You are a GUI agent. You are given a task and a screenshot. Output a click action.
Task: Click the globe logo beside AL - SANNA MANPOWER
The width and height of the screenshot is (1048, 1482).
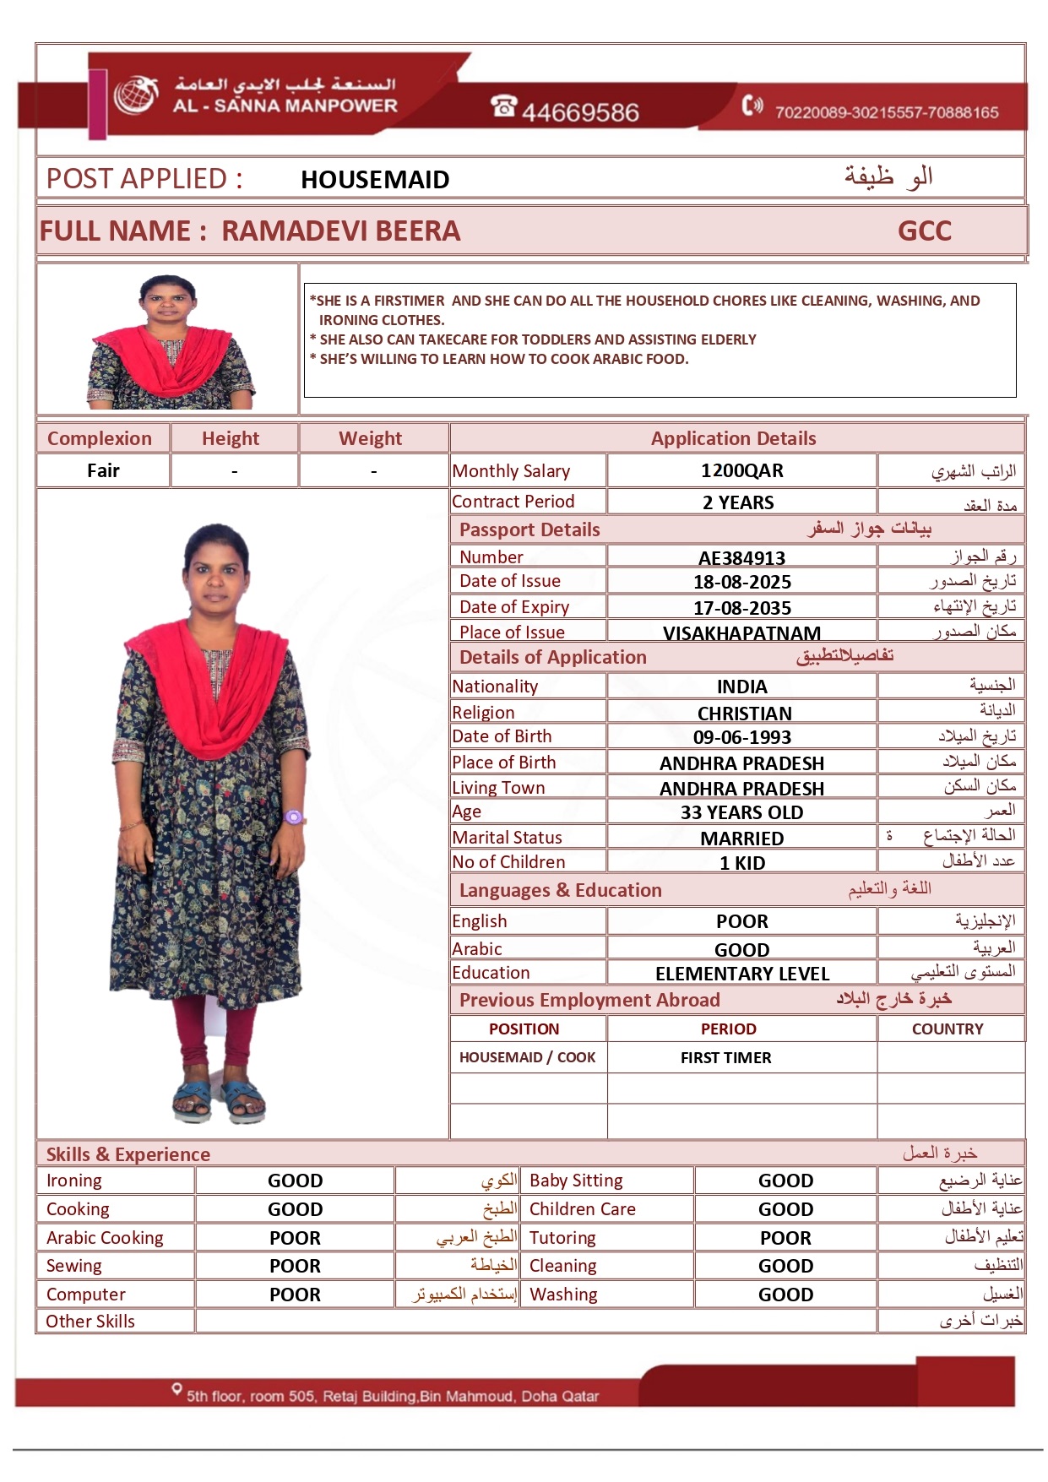[137, 95]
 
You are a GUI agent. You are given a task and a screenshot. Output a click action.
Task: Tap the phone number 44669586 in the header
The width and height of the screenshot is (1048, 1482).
[579, 111]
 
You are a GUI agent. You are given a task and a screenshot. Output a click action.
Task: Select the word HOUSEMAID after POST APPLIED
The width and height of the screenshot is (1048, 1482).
[375, 180]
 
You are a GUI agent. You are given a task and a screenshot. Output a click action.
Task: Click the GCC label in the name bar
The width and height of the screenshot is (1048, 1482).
[924, 231]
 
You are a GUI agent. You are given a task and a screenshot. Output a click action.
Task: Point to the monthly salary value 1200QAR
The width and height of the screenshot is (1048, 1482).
[741, 471]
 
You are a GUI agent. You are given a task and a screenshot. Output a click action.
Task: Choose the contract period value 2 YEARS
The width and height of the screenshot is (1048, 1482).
[738, 503]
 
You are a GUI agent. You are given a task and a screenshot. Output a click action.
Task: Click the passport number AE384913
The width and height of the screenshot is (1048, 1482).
[741, 558]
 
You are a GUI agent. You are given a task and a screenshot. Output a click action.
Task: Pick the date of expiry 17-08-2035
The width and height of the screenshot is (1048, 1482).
[741, 608]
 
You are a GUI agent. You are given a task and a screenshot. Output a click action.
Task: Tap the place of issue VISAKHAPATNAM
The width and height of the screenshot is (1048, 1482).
[741, 633]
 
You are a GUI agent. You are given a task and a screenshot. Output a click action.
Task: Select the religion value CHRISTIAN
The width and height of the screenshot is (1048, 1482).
[744, 714]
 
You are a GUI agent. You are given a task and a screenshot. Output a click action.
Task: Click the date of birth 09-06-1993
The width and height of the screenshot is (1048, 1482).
[741, 737]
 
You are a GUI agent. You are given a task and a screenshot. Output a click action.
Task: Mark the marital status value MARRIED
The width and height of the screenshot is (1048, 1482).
[741, 839]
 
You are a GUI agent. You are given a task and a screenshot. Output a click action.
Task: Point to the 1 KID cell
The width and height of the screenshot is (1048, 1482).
[741, 863]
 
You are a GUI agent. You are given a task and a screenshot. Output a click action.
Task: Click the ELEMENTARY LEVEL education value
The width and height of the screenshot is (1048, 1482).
[741, 974]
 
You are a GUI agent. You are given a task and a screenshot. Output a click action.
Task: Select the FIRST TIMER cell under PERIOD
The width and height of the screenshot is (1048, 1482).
[725, 1057]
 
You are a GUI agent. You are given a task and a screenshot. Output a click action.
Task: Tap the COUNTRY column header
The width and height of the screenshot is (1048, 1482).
[947, 1029]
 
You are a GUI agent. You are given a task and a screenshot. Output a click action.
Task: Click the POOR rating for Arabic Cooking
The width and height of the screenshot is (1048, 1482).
[295, 1238]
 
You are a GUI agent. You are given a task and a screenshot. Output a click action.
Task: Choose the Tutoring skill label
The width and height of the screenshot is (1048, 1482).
[562, 1238]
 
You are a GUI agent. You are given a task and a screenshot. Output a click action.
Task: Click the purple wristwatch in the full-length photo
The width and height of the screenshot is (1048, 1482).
[293, 817]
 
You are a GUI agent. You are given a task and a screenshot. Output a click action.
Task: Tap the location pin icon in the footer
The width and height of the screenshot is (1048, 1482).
[176, 1388]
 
